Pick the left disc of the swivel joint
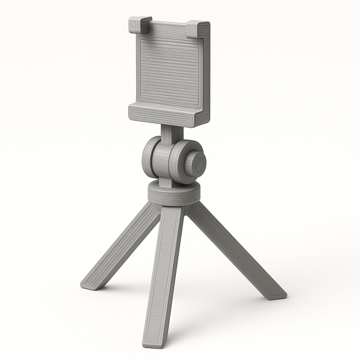click(149, 158)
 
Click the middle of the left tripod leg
click(122, 246)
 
